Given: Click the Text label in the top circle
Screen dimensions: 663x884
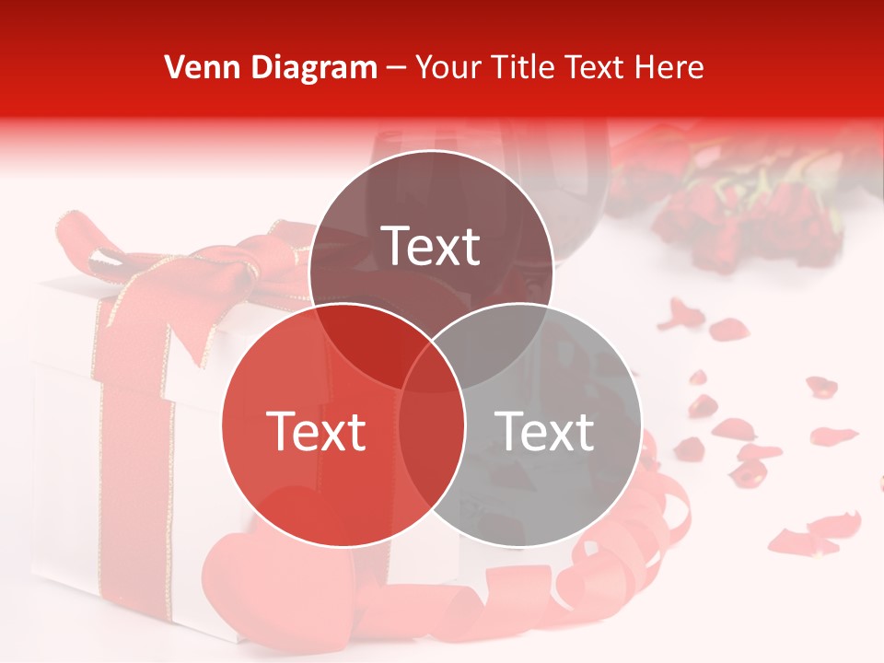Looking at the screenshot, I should pyautogui.click(x=431, y=246).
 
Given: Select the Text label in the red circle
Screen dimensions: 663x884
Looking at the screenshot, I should pyautogui.click(x=316, y=431).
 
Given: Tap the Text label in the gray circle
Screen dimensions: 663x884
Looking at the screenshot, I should pyautogui.click(x=545, y=431).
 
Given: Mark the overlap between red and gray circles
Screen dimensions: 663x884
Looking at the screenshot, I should pyautogui.click(x=431, y=442).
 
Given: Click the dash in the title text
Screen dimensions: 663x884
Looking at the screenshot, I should pyautogui.click(x=396, y=67).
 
